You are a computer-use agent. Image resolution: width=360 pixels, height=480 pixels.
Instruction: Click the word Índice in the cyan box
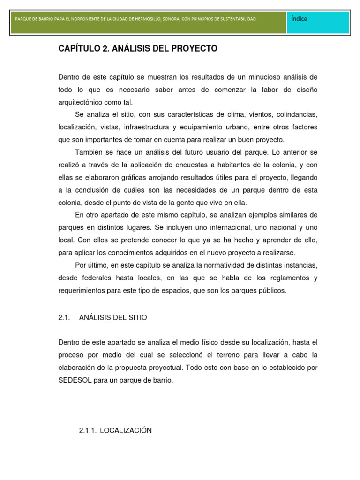(x=299, y=19)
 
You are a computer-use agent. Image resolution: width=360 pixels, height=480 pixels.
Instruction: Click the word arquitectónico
(x=80, y=102)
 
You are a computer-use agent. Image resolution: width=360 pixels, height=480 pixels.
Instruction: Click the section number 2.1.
(x=64, y=317)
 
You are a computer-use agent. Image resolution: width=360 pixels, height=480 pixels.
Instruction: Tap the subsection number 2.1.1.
(x=88, y=430)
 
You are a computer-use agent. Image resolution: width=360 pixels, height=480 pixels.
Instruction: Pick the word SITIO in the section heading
(x=136, y=317)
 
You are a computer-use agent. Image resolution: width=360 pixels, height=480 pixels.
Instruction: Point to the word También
(x=89, y=152)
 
